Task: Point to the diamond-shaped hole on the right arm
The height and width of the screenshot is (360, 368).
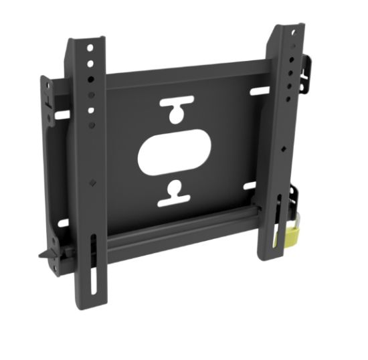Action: click(x=285, y=149)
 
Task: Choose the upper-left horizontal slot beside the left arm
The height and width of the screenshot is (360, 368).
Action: click(x=62, y=114)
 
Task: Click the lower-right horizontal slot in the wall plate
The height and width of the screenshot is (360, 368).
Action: click(x=249, y=185)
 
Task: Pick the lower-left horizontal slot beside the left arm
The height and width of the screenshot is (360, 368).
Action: click(x=63, y=223)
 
